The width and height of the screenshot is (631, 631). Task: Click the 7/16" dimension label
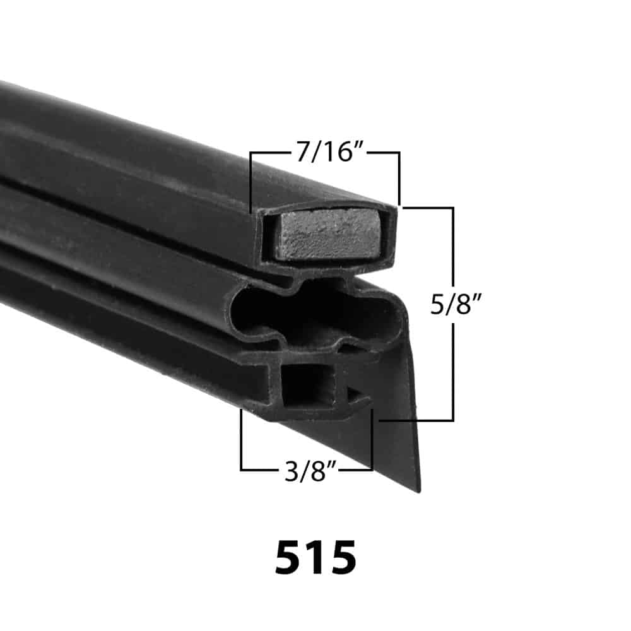[330, 152]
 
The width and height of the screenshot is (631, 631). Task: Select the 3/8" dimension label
[310, 471]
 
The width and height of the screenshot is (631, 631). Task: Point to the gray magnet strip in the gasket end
[329, 233]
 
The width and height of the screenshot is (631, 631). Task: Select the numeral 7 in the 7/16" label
[304, 152]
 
